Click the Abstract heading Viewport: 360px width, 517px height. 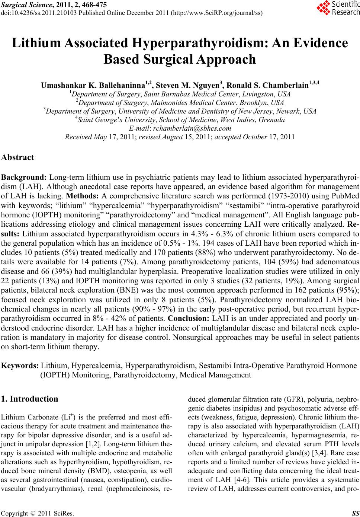tap(18, 157)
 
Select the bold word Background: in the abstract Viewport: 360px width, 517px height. tap(24, 177)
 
